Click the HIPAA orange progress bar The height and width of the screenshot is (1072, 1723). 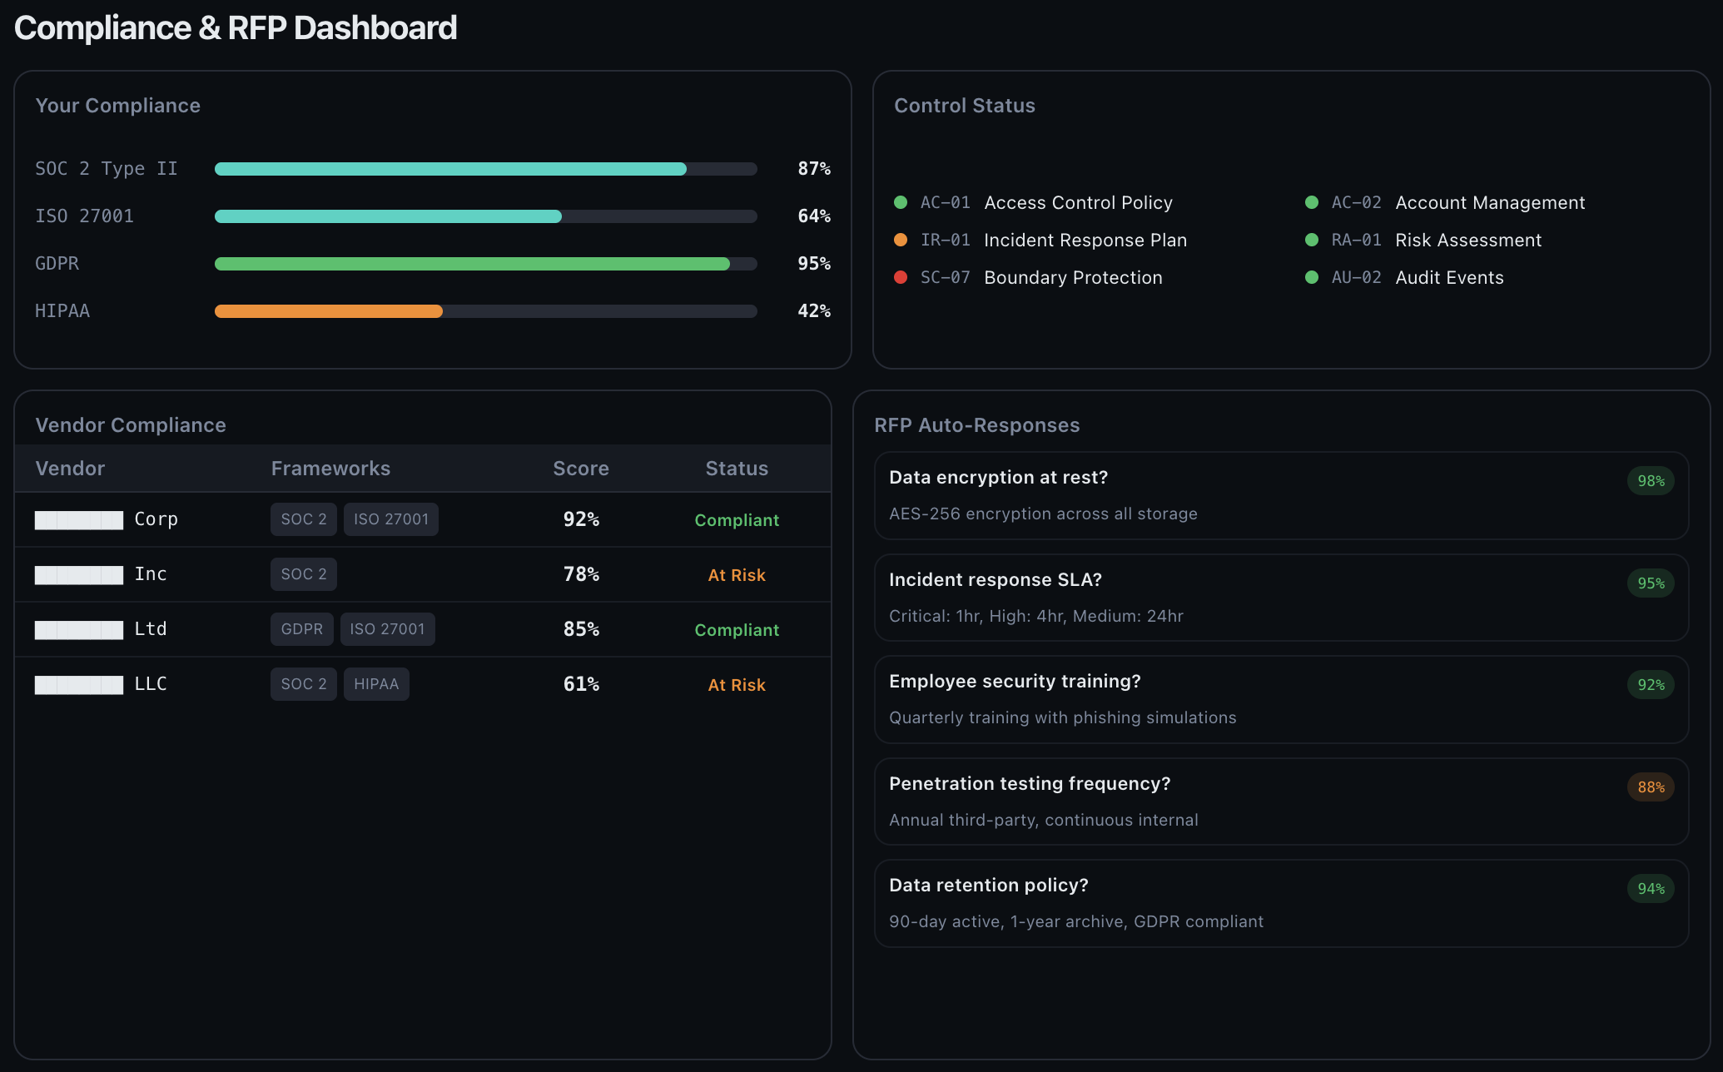pos(328,311)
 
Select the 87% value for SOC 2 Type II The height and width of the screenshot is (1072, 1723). pos(813,169)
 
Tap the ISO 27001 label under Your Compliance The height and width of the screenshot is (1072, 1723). pos(84,216)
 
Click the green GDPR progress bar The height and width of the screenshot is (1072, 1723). pos(471,264)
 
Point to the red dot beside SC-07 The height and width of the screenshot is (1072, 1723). pos(900,277)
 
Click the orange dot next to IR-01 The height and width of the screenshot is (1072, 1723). pos(900,240)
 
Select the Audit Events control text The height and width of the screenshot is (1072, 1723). pos(1449,278)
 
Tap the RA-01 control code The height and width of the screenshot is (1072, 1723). pos(1356,241)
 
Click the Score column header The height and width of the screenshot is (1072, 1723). pos(580,469)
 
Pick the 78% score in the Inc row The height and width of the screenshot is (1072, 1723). pos(581,574)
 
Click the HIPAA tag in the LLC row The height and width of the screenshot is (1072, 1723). pos(376,684)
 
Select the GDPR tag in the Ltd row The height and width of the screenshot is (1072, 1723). pos(301,629)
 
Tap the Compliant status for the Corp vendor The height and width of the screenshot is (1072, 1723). pos(737,520)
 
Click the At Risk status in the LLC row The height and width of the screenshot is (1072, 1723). pos(737,685)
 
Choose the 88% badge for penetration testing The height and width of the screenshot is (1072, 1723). pos(1651,787)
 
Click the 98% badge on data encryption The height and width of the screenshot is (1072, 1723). pos(1651,481)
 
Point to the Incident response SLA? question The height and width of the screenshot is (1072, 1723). pos(995,580)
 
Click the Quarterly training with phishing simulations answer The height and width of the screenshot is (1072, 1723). pos(1062,717)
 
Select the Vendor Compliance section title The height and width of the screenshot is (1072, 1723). pos(131,425)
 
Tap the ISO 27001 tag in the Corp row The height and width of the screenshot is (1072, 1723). pos(390,519)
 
